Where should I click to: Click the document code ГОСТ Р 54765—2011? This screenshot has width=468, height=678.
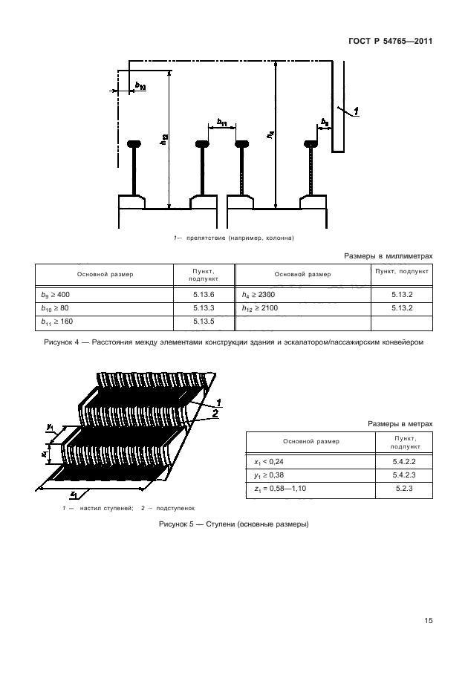click(x=390, y=41)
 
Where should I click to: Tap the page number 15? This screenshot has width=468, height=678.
click(x=428, y=621)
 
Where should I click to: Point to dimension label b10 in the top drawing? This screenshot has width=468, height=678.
click(x=140, y=86)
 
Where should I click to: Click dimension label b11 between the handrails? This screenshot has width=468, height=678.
click(x=222, y=122)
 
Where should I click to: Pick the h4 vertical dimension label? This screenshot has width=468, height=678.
click(x=270, y=135)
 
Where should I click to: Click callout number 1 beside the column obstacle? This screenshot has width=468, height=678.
click(x=357, y=111)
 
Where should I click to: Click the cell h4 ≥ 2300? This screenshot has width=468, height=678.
click(x=259, y=295)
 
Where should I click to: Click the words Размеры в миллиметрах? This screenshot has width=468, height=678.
click(x=388, y=255)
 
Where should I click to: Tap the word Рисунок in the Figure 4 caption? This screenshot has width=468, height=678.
click(x=61, y=342)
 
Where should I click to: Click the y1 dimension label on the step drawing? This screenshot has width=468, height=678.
click(x=49, y=427)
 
